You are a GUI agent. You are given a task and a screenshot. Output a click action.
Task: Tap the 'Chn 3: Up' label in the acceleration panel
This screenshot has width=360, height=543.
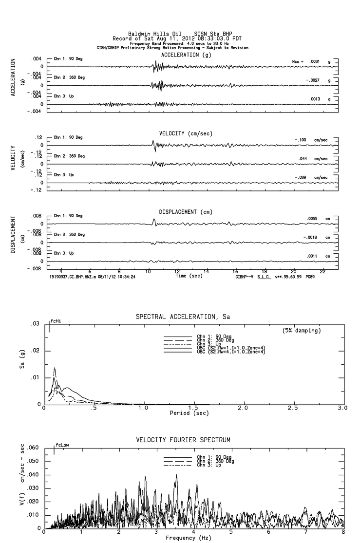coord(64,96)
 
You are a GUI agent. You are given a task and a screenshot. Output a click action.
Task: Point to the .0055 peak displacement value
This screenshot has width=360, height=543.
coord(312,219)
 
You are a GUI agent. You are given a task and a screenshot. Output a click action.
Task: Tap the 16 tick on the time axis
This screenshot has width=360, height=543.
coord(235,271)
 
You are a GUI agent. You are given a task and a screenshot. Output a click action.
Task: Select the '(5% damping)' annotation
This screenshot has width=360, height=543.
coord(302,331)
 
